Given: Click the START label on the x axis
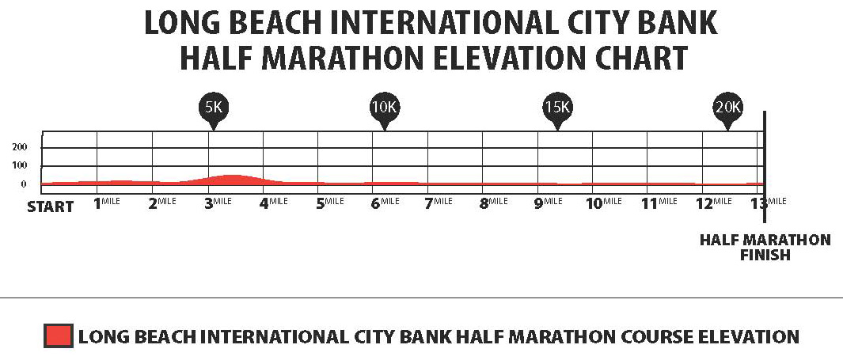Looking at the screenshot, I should pos(51,207).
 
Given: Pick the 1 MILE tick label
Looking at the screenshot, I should pos(107,203).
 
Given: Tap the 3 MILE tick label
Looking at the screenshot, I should pos(218,203).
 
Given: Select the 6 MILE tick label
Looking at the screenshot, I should pos(384,203).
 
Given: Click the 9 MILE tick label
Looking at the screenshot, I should pos(548,203).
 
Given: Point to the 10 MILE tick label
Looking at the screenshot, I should pos(604,203).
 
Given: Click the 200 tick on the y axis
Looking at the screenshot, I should pos(19,148).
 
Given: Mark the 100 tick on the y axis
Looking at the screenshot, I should pos(19,166).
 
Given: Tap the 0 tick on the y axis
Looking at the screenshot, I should pos(24,184).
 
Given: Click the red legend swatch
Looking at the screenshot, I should pos(59,336).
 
